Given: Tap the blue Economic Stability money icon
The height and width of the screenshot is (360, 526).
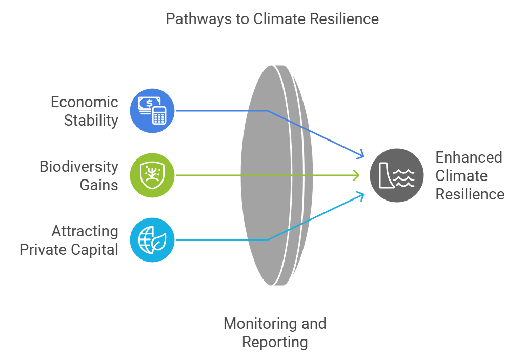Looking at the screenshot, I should [x=152, y=111].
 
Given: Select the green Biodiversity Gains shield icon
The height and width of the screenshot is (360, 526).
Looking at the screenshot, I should [x=152, y=175].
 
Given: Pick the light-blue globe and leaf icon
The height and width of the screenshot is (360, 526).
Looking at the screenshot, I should [x=152, y=240].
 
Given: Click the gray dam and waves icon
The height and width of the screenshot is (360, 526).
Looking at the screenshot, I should [x=397, y=175].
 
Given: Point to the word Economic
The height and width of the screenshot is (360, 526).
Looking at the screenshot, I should [x=85, y=102].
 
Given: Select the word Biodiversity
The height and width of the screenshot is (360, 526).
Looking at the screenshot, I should [x=79, y=166].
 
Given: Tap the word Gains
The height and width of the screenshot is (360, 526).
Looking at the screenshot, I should [x=99, y=185].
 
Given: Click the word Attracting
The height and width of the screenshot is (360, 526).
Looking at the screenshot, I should [x=85, y=231].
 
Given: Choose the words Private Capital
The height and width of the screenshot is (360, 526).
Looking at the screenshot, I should [x=69, y=250].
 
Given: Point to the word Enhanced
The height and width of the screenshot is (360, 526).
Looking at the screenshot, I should [x=469, y=157].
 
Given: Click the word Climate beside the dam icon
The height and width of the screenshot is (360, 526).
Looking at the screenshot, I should [x=461, y=175].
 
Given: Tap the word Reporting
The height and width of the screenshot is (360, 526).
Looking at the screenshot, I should [x=274, y=342].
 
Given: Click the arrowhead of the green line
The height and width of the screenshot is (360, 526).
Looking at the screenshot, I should [x=357, y=175].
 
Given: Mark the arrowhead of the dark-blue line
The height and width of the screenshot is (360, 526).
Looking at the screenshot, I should [x=360, y=154].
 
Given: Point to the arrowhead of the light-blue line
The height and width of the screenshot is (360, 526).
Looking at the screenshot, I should [x=360, y=195].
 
